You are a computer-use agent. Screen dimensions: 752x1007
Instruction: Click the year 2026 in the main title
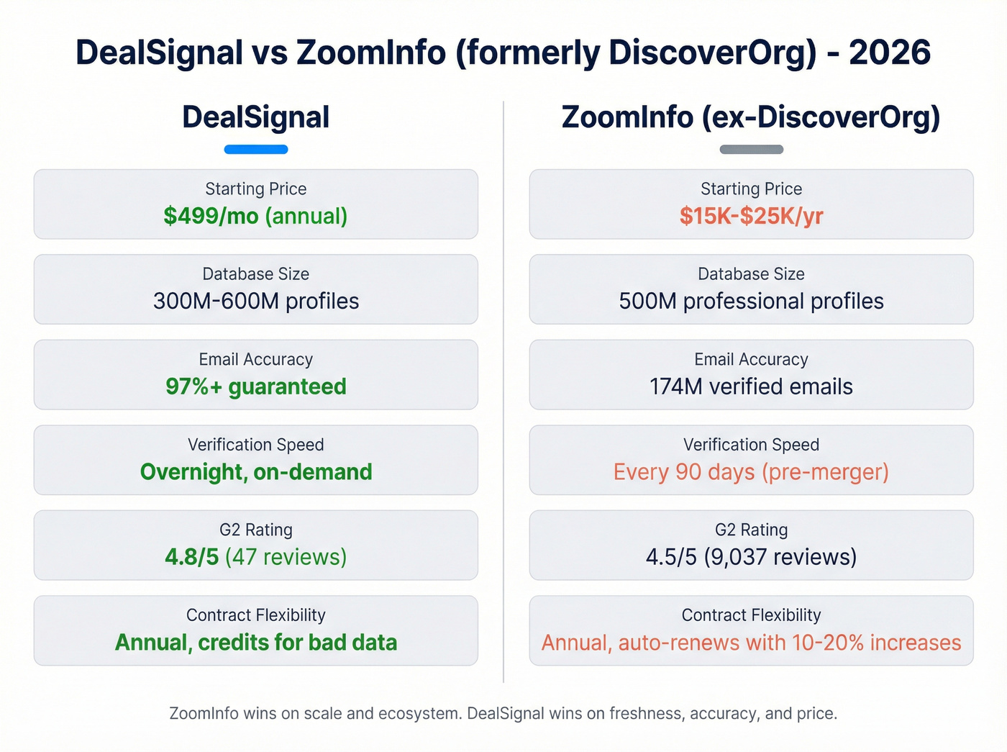(x=890, y=53)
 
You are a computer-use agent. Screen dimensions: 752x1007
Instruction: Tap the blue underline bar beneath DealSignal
(x=256, y=150)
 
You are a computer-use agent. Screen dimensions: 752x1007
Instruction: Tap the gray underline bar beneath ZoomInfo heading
(x=751, y=150)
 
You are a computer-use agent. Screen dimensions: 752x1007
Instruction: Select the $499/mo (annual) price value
(x=255, y=216)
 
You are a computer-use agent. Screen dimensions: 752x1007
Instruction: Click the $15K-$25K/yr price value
(x=751, y=216)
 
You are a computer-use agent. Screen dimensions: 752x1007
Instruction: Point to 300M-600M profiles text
(x=255, y=301)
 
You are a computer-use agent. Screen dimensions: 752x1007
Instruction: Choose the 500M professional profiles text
(x=751, y=301)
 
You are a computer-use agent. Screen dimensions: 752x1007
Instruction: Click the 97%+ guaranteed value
(x=255, y=386)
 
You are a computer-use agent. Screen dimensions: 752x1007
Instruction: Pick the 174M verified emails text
(x=751, y=386)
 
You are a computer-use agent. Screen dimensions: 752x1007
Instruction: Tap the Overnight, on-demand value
(x=255, y=472)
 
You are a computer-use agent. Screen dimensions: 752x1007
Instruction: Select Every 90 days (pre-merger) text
(x=751, y=472)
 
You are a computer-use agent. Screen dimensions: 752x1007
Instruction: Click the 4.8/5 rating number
(x=191, y=557)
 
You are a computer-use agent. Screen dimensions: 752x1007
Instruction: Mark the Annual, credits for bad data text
(x=255, y=643)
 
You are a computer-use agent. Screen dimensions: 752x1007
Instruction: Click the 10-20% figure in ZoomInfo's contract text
(x=827, y=643)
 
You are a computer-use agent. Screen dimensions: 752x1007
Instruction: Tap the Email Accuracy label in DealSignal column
(x=255, y=359)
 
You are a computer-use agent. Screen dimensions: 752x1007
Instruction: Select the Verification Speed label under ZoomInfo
(x=751, y=445)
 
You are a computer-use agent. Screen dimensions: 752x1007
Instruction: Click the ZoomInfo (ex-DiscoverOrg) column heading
(x=751, y=117)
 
